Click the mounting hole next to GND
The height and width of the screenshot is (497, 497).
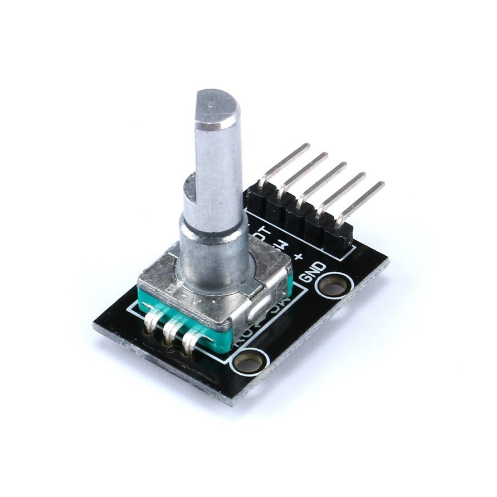tap(334, 286)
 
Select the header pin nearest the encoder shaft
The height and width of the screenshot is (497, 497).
tap(284, 162)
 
